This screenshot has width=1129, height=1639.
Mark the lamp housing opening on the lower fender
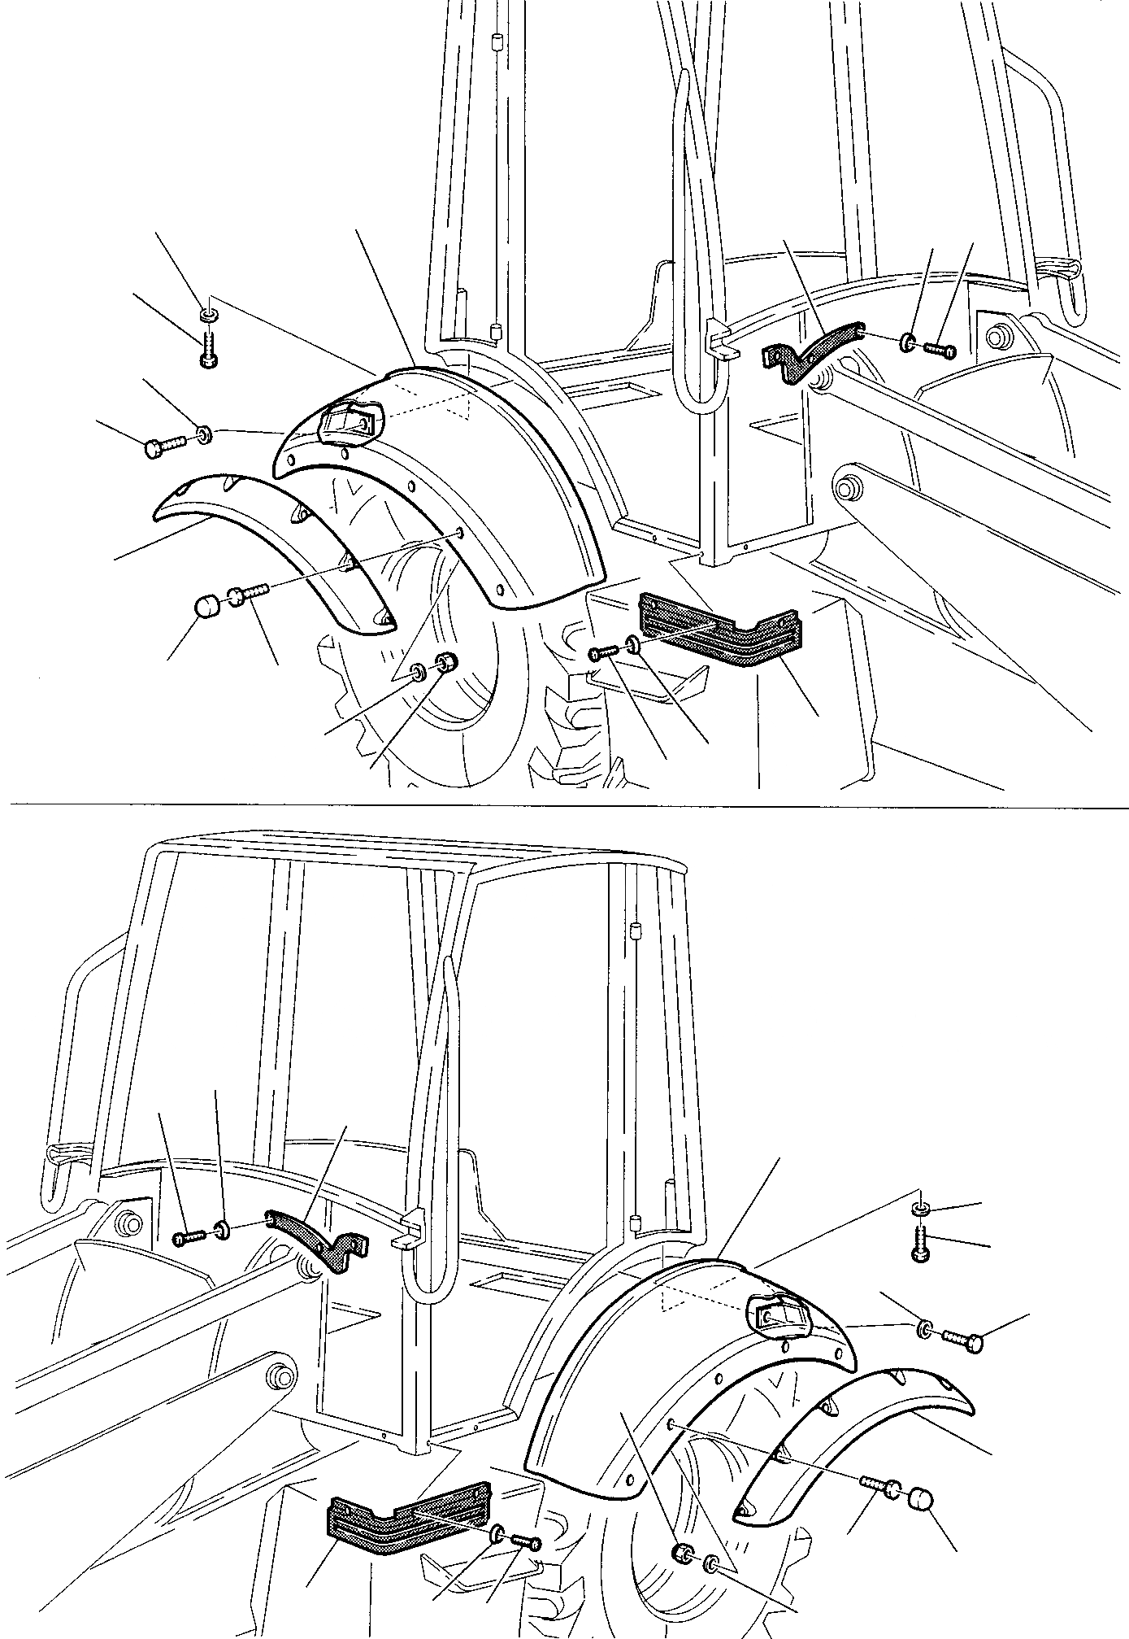781,1311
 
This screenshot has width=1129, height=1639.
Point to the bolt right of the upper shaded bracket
940,351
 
